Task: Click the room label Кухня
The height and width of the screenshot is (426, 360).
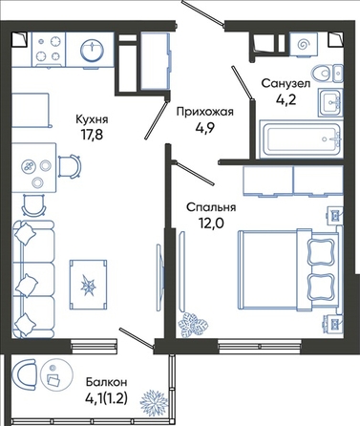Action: [x=92, y=119]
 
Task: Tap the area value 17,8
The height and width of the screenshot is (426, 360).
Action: [x=92, y=135]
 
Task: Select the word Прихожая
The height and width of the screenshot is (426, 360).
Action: [x=205, y=112]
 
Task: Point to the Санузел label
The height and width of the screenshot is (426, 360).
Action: [x=286, y=84]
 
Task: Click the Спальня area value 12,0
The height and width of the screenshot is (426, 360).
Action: [x=210, y=223]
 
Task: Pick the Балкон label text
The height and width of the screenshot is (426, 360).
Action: [x=107, y=381]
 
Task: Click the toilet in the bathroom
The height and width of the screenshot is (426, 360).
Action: [x=327, y=73]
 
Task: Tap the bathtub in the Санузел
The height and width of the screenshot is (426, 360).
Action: [x=301, y=139]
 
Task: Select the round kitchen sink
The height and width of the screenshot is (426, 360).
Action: [x=92, y=50]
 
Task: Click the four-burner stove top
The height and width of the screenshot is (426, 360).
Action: [x=49, y=50]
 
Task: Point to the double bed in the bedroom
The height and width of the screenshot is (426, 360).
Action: [x=287, y=269]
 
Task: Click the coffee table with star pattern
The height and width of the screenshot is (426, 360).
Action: [x=88, y=285]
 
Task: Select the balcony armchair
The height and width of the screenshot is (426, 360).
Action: [x=24, y=374]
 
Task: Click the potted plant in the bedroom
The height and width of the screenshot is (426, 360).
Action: [x=193, y=325]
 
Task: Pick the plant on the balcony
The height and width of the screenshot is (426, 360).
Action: [x=153, y=402]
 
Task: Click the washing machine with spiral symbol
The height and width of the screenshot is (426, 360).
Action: [x=304, y=45]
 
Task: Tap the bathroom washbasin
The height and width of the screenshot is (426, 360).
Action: [x=330, y=102]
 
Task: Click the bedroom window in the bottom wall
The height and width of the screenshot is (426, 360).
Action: [x=260, y=346]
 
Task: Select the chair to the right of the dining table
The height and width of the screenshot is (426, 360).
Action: [x=70, y=166]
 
